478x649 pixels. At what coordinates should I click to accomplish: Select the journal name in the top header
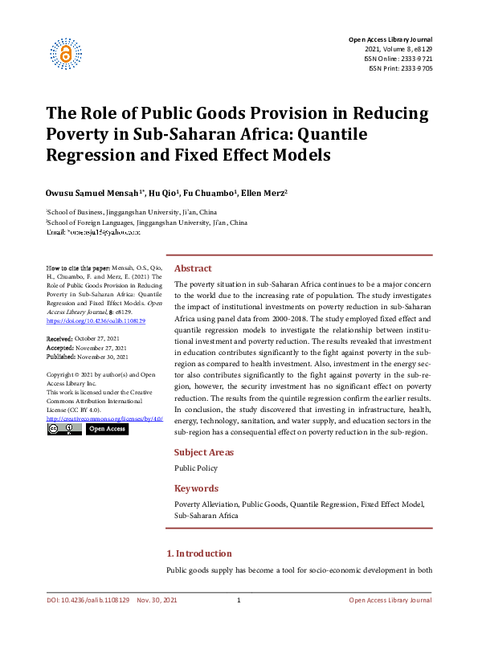click(x=390, y=39)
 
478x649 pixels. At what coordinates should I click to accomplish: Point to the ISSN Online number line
click(x=400, y=59)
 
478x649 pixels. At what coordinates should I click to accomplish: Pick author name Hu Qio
click(x=172, y=194)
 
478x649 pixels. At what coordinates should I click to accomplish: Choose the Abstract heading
click(x=193, y=268)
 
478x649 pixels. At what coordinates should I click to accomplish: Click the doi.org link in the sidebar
click(x=96, y=320)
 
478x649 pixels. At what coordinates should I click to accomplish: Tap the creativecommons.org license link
click(x=104, y=418)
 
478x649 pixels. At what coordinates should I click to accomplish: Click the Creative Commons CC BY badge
click(x=63, y=429)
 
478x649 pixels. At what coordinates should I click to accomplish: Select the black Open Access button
click(x=107, y=429)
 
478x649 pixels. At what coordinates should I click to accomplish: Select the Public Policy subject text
click(x=196, y=467)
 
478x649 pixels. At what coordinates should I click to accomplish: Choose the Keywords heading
click(x=196, y=488)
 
